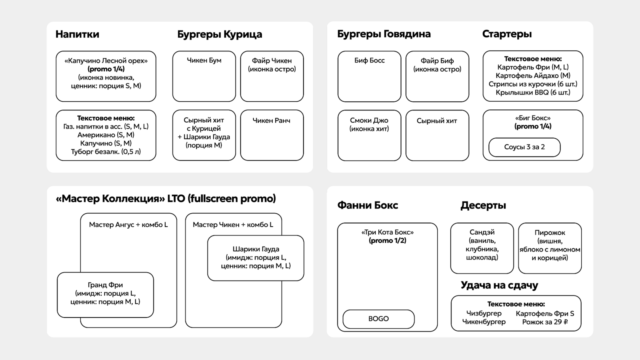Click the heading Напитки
click(77, 34)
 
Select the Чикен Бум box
click(204, 76)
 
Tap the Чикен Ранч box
click(272, 135)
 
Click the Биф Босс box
click(369, 76)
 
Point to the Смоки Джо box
click(369, 136)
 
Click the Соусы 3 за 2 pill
click(524, 147)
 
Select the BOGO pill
click(379, 319)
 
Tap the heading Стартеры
click(507, 34)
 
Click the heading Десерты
click(483, 205)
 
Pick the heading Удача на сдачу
click(499, 285)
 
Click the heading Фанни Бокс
click(367, 205)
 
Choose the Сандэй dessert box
click(482, 248)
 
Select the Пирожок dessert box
click(550, 248)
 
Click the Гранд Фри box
click(106, 295)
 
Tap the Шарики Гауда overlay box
click(256, 258)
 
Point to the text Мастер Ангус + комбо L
click(128, 225)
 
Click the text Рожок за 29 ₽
click(545, 322)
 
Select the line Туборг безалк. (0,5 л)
click(106, 152)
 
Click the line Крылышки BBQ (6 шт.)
click(533, 93)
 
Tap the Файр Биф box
click(437, 76)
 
